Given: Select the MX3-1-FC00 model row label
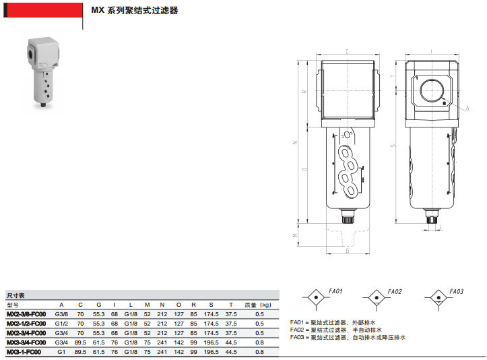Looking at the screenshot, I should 24,352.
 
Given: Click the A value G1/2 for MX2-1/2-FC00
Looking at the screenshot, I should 61,324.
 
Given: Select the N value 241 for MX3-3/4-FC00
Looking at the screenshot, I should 162,342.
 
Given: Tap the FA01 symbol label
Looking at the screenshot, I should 336,291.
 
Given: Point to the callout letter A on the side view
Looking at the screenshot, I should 467,107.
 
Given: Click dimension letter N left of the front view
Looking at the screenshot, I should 305,142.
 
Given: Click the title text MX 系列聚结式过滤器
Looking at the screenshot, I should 135,11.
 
